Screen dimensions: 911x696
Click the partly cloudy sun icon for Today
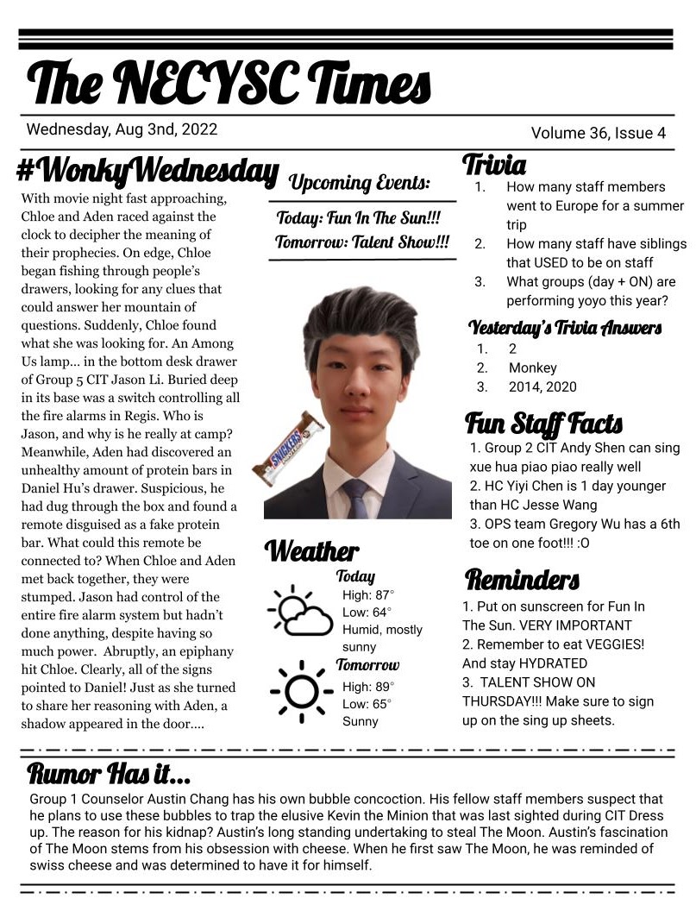coord(299,610)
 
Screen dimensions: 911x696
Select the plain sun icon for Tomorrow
coord(301,690)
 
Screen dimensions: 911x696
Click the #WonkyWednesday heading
coord(147,172)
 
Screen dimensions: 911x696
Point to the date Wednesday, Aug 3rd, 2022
coord(122,130)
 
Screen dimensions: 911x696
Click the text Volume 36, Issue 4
coord(599,133)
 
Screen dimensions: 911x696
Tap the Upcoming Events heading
coord(359,183)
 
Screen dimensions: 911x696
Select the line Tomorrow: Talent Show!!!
coord(362,242)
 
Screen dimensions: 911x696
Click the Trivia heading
coord(494,164)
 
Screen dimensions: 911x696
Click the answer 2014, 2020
coord(542,387)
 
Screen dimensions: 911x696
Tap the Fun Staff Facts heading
coord(543,424)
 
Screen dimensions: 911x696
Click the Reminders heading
coord(522,578)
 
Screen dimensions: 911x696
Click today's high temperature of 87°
coord(368,594)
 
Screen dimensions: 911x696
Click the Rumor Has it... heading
coord(110,770)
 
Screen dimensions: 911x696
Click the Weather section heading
coord(311,550)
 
